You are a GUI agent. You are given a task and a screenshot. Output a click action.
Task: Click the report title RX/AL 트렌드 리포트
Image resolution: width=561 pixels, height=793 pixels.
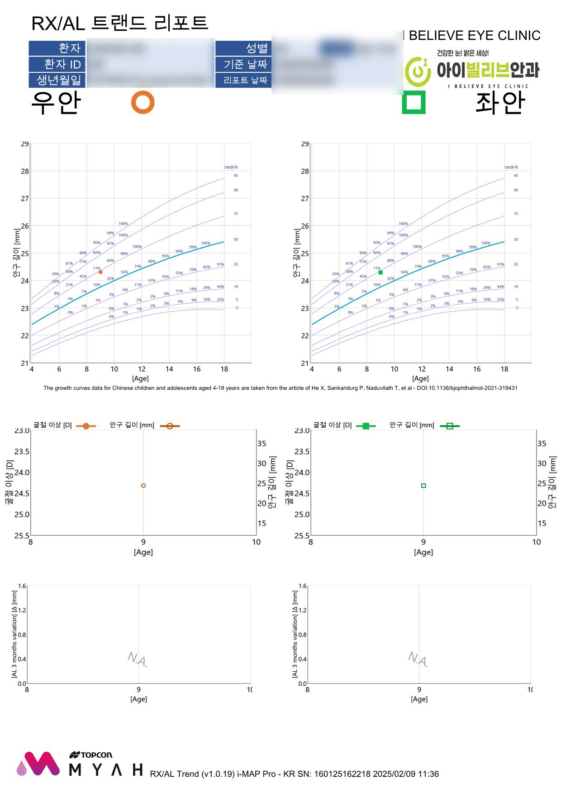tap(119, 23)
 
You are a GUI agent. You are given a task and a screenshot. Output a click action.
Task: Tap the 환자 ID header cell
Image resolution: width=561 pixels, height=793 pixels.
tap(57, 64)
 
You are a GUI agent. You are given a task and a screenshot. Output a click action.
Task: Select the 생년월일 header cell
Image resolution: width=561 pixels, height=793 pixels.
tap(57, 80)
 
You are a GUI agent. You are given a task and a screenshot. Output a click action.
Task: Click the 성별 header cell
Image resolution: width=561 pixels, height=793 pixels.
tap(243, 48)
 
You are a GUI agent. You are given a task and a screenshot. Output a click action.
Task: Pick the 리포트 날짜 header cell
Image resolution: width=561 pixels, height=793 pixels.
tap(243, 80)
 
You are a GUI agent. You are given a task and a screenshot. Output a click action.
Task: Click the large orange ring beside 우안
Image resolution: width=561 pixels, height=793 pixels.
tap(143, 102)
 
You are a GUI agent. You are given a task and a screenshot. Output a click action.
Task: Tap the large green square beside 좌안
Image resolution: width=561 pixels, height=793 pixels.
tap(414, 102)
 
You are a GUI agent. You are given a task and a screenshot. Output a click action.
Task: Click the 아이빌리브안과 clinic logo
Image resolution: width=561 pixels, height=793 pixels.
tap(472, 71)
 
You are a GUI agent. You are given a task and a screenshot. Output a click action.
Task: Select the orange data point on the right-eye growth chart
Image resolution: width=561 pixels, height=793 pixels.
tap(100, 272)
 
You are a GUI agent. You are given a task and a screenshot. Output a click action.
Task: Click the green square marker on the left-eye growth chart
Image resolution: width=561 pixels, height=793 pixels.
tap(380, 273)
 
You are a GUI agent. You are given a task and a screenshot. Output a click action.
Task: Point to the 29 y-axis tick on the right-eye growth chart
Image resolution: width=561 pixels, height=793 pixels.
tap(25, 144)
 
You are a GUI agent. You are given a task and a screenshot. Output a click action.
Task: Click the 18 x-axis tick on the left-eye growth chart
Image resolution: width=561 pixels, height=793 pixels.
tap(504, 369)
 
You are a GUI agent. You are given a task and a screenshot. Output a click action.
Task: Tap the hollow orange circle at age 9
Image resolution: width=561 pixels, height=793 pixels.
tap(143, 486)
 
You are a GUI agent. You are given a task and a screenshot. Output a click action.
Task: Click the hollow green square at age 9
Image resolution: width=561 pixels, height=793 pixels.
tap(423, 486)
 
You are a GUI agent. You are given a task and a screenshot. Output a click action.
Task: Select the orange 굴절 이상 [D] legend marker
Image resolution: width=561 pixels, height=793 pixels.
tap(86, 426)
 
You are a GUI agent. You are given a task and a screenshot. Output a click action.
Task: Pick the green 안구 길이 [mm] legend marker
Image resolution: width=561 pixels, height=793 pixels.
tap(450, 426)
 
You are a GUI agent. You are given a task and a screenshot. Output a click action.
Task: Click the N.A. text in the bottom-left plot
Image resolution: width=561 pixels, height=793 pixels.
tap(138, 659)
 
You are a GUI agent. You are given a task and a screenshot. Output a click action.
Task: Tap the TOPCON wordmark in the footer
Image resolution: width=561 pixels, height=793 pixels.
tap(91, 755)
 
